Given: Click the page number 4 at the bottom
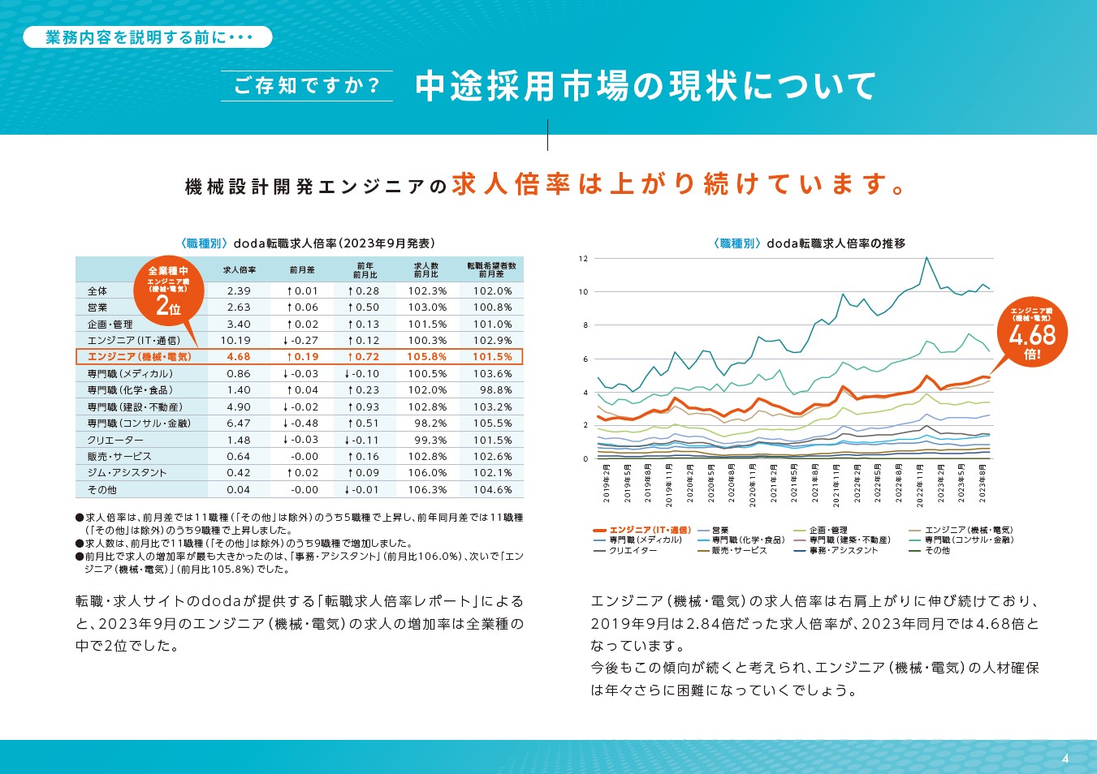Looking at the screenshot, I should click(x=1065, y=759).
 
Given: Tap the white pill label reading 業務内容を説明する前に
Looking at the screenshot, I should click(x=148, y=37).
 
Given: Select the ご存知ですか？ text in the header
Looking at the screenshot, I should click(x=307, y=85).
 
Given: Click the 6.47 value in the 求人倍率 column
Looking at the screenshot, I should click(x=239, y=424).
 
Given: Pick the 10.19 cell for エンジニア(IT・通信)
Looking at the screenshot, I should click(x=235, y=341).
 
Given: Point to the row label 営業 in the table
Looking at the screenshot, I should click(x=97, y=307).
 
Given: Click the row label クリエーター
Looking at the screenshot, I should click(x=115, y=441).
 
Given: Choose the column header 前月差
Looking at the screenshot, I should click(x=302, y=270).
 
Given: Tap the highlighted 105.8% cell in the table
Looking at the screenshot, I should click(x=427, y=357).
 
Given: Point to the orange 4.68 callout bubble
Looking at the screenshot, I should click(x=1032, y=333).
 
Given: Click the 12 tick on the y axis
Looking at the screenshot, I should click(x=583, y=259).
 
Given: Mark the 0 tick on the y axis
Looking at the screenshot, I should click(x=585, y=459).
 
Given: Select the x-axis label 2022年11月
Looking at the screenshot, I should click(x=920, y=485).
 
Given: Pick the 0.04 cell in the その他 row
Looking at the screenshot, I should click(x=239, y=490).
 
